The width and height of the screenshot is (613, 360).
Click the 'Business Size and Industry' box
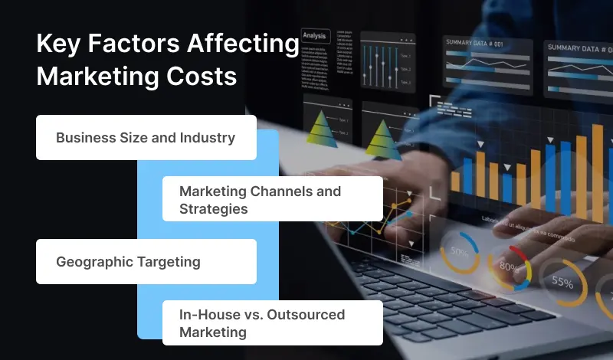click(x=146, y=138)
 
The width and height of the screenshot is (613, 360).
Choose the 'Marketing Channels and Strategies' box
click(x=272, y=199)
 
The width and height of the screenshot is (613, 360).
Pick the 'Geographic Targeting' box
click(x=146, y=261)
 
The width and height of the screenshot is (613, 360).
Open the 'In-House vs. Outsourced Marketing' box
click(x=272, y=323)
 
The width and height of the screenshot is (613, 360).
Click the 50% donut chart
click(x=460, y=252)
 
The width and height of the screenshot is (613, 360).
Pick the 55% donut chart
click(x=562, y=283)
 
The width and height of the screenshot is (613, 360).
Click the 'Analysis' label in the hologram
click(x=314, y=35)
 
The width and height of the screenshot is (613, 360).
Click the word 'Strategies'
click(x=213, y=208)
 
